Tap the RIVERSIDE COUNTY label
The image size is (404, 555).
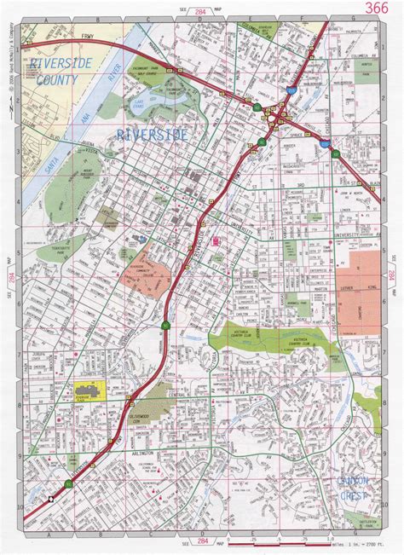click(x=53, y=72)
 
